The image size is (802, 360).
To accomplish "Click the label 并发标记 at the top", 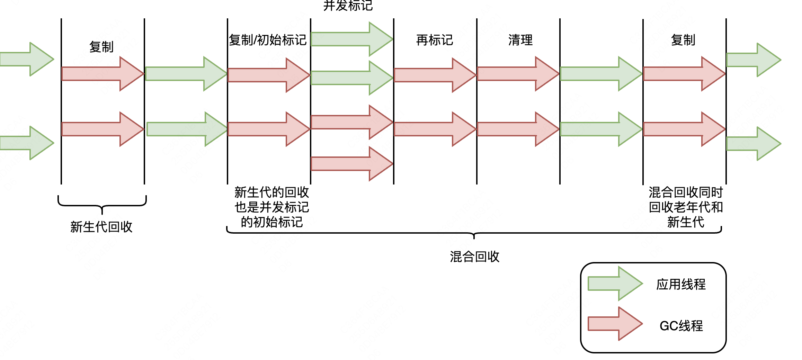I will (x=348, y=6).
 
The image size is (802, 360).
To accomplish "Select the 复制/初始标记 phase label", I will (x=268, y=40).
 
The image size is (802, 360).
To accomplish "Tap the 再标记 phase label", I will (x=435, y=40).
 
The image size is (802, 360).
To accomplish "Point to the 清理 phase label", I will (x=520, y=40).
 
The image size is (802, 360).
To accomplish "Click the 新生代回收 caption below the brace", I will (x=101, y=227).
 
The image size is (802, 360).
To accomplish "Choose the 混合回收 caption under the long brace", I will (x=474, y=257).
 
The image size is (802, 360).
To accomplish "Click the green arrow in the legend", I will (x=615, y=283).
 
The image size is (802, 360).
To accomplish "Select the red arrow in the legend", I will (x=615, y=324).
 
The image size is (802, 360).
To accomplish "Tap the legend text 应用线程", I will (x=681, y=285).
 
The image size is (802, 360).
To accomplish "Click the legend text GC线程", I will (x=681, y=326).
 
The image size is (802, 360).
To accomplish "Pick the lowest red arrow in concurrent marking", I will (x=351, y=164).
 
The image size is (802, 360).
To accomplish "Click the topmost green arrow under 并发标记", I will (x=351, y=39).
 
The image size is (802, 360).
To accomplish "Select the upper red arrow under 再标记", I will (x=435, y=74).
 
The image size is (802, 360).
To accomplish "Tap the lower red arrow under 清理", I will (x=518, y=129).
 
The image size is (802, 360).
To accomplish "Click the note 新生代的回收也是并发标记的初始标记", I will (x=271, y=207).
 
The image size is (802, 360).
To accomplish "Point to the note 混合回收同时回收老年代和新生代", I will (x=686, y=207).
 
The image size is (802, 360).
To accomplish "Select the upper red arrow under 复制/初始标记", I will (x=268, y=75).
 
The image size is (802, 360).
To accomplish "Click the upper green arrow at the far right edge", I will (x=753, y=60).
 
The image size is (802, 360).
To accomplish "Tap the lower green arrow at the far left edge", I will (x=27, y=143).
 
